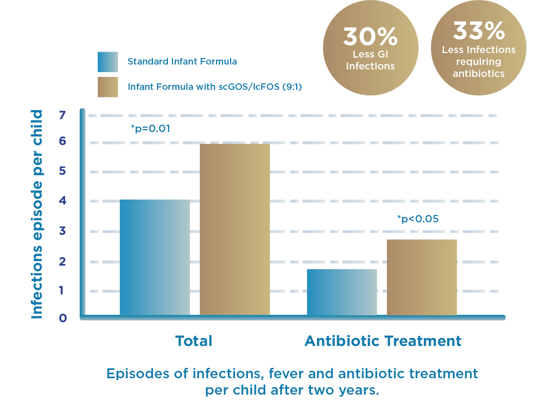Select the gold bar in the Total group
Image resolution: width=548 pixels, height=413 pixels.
tap(235, 229)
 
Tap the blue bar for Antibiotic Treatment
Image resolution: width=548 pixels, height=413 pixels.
tap(342, 292)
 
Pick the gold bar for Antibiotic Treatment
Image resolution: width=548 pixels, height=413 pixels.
tap(422, 277)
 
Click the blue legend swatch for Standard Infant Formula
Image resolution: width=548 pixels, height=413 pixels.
tap(107, 62)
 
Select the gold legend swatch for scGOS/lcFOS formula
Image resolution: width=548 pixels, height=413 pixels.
tap(107, 87)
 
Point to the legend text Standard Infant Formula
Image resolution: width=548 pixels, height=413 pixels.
tap(182, 62)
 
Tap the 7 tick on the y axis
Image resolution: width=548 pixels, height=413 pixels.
tap(62, 116)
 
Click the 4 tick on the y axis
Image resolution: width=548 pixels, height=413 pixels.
tap(62, 201)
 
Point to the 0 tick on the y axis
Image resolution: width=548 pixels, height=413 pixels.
tap(62, 318)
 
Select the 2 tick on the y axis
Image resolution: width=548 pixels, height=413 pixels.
tap(62, 262)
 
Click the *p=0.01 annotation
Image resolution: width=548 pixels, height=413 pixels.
tap(151, 129)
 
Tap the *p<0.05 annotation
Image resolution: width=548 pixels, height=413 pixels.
tap(418, 218)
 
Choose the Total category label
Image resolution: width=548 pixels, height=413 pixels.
tap(193, 341)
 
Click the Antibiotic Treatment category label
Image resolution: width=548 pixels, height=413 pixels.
tap(383, 341)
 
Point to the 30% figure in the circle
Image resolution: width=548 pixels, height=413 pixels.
tap(370, 37)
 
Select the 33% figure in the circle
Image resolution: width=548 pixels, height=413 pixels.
tap(478, 32)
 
